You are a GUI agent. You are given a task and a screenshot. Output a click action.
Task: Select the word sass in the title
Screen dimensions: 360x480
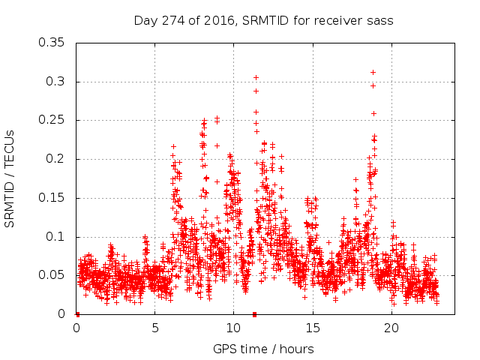tap(379, 20)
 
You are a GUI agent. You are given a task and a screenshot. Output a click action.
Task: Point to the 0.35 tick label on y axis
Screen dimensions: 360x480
tap(53, 43)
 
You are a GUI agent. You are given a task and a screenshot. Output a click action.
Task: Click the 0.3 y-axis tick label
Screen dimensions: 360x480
tap(57, 82)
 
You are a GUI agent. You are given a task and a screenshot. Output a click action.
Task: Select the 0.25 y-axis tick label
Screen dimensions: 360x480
tap(53, 120)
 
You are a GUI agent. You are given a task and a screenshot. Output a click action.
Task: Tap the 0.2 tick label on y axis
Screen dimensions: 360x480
tap(57, 159)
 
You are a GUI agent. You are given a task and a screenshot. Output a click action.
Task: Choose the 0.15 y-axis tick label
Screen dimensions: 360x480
tap(53, 198)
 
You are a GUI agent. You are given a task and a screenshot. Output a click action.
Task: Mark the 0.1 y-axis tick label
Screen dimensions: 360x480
tap(57, 237)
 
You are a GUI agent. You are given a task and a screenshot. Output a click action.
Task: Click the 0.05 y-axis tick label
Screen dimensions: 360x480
tap(53, 275)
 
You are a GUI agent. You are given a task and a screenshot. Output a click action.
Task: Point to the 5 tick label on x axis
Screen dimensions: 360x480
tap(155, 328)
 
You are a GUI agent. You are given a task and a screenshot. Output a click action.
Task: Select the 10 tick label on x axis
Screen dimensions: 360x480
tap(233, 328)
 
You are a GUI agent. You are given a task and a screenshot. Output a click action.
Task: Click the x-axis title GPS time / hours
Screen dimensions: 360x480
tap(263, 349)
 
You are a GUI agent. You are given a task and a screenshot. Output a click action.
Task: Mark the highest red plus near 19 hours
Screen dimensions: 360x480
tap(373, 73)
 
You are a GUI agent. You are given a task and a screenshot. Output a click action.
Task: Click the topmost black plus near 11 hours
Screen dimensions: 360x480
tap(256, 77)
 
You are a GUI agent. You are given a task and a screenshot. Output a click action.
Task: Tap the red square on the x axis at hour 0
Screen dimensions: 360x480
tap(77, 314)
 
